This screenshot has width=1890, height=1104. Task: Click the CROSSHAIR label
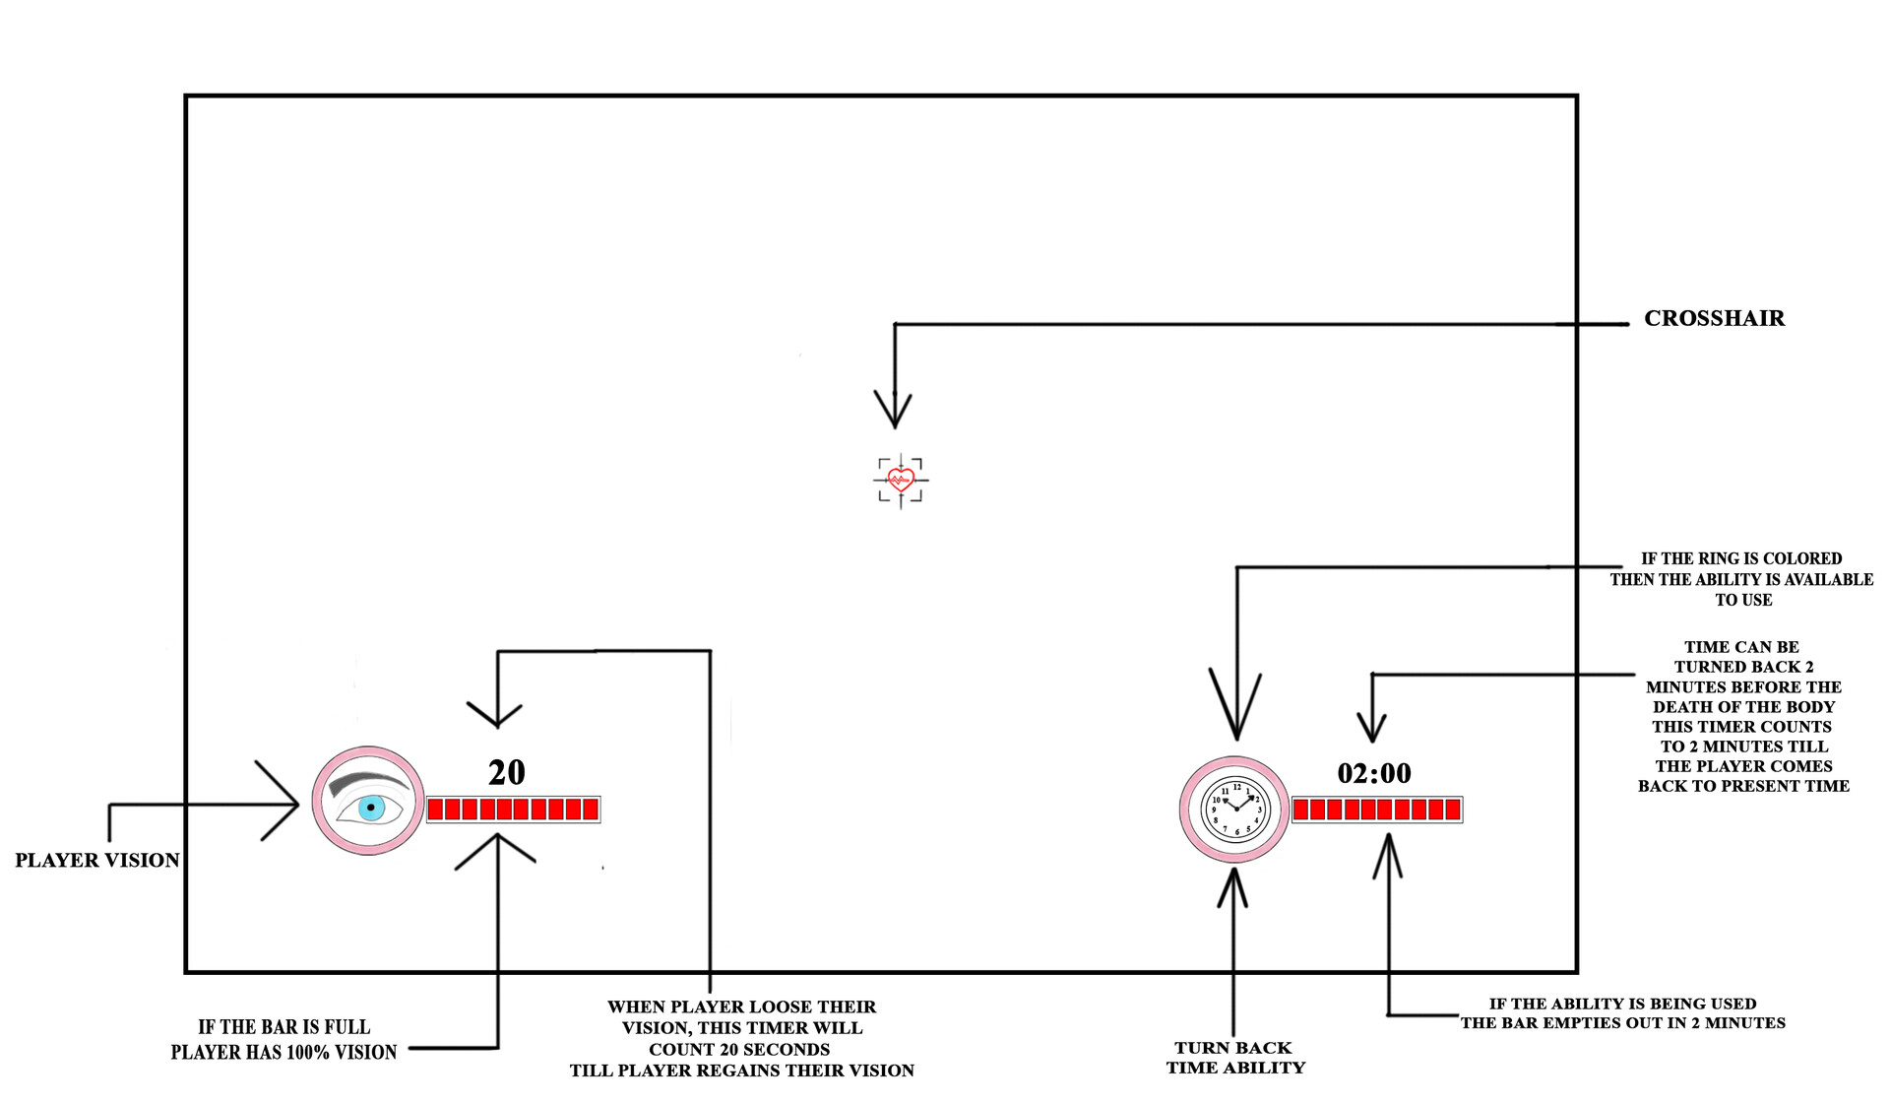[1714, 318]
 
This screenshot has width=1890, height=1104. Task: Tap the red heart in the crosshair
[901, 480]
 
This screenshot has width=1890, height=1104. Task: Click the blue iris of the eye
[371, 809]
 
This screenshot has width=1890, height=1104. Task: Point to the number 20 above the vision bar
[507, 772]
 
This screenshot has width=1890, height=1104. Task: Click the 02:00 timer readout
[1374, 773]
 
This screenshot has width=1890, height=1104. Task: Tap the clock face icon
[1235, 810]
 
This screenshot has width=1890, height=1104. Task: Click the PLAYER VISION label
[97, 860]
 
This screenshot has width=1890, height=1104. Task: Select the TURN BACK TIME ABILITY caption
[1235, 1058]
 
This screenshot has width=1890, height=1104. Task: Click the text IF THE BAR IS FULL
[283, 1027]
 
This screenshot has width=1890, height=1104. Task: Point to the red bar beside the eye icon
[513, 810]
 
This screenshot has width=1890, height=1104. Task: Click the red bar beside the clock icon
[1377, 810]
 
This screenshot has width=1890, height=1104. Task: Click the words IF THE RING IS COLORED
[1740, 558]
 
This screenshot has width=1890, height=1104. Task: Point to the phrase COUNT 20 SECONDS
[739, 1049]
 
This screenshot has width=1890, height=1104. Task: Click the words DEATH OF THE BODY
[1743, 706]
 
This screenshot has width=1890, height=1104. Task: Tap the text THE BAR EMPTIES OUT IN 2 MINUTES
[1622, 1022]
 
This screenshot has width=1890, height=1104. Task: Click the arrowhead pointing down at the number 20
[496, 713]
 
